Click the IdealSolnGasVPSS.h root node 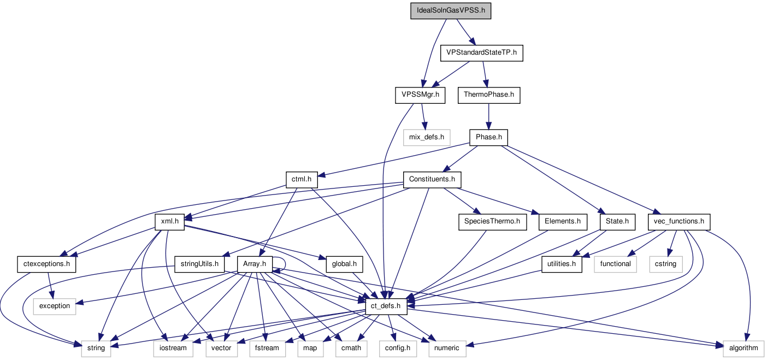pyautogui.click(x=451, y=11)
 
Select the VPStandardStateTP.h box pyautogui.click(x=481, y=53)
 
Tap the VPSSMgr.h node pyautogui.click(x=420, y=95)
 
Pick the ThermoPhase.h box pyautogui.click(x=489, y=95)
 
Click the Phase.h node pyautogui.click(x=489, y=137)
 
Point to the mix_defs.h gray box pyautogui.click(x=427, y=137)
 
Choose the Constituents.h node pyautogui.click(x=432, y=179)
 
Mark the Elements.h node pyautogui.click(x=562, y=221)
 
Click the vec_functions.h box pyautogui.click(x=679, y=221)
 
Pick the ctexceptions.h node pyautogui.click(x=46, y=263)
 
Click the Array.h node pyautogui.click(x=255, y=263)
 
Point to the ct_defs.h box pyautogui.click(x=386, y=305)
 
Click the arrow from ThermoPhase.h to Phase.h pyautogui.click(x=489, y=116)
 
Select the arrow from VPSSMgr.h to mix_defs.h pyautogui.click(x=423, y=116)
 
